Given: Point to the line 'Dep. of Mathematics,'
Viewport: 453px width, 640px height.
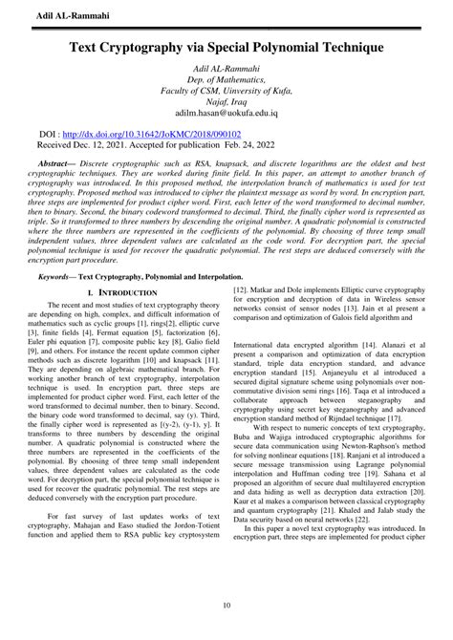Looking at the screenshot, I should point(226,82).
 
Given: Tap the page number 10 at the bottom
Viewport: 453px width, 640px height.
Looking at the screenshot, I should point(226,606).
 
